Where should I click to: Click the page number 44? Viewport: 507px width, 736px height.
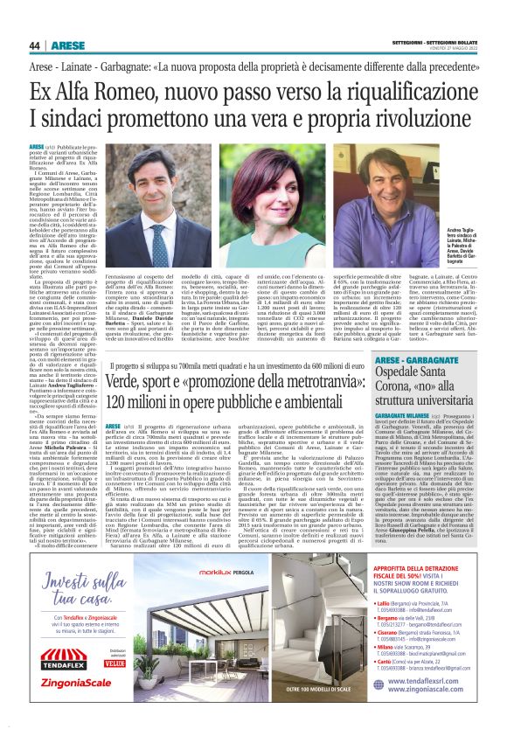pos(35,45)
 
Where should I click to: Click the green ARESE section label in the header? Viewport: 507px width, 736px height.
pos(68,45)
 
